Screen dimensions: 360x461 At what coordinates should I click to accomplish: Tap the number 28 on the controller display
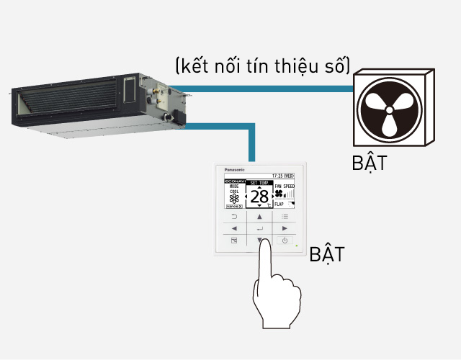click(x=259, y=196)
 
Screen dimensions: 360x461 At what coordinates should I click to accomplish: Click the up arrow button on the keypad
click(x=259, y=217)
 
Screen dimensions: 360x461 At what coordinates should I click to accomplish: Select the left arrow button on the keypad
click(x=234, y=229)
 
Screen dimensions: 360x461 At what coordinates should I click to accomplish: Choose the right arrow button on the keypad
click(x=285, y=229)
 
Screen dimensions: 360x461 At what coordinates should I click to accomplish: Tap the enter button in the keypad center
click(x=259, y=229)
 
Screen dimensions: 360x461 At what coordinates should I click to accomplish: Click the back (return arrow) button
click(x=234, y=217)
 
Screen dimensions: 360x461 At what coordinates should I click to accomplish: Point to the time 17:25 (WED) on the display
click(x=282, y=176)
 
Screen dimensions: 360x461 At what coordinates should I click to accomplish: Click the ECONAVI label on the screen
click(x=235, y=181)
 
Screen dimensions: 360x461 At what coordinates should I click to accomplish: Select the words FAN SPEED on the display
click(x=285, y=186)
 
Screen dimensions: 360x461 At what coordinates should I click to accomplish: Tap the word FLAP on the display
click(x=279, y=204)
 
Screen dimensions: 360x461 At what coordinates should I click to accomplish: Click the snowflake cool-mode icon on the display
click(x=235, y=199)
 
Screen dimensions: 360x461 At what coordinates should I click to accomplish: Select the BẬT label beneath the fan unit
click(x=369, y=163)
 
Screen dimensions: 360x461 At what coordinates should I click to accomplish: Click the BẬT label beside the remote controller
click(x=326, y=254)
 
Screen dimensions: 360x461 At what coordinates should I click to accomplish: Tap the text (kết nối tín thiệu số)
click(x=262, y=68)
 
